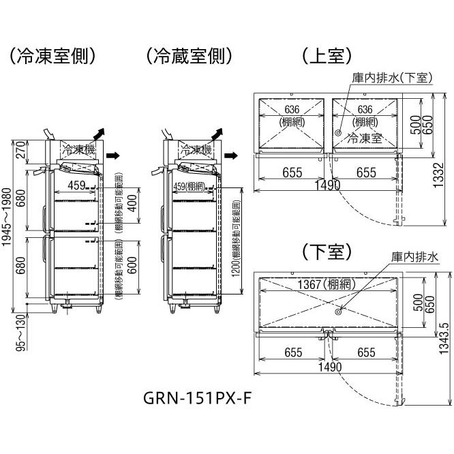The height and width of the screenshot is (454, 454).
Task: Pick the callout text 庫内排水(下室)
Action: [x=391, y=78]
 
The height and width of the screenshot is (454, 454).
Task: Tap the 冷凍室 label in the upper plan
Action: [x=363, y=138]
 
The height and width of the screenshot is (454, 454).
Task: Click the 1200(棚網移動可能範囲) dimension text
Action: [x=235, y=247]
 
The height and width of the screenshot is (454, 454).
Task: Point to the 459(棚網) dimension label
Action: [x=189, y=187]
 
